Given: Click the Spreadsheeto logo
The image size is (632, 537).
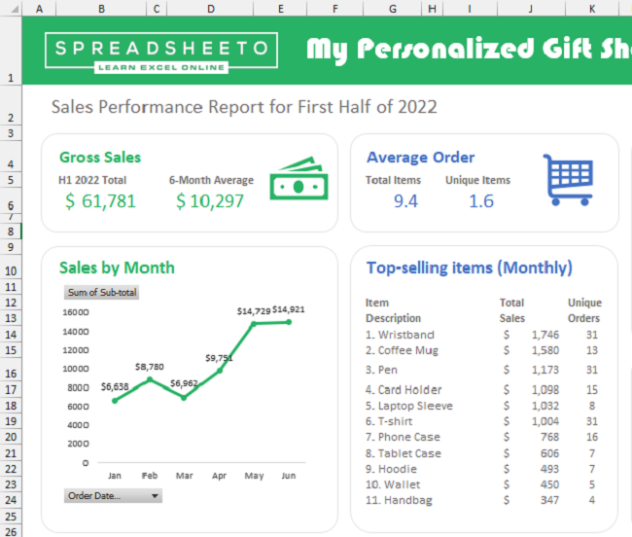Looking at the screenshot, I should (161, 53).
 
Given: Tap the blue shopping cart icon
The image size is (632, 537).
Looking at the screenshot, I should (569, 180).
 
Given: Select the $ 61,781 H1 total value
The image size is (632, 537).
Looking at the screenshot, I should (100, 201).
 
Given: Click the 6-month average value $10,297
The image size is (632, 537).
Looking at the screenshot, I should (208, 201).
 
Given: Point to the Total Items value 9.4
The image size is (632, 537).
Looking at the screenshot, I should (405, 201).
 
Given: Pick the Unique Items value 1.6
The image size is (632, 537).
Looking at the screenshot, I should (480, 201).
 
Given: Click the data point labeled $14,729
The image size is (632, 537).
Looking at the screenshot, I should (254, 324).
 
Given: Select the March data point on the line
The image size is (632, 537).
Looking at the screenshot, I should (184, 397).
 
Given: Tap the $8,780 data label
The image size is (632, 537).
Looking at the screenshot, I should (149, 367).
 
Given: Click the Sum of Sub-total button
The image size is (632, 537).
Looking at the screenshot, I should (101, 293).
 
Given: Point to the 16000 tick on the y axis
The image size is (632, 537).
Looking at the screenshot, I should (76, 312).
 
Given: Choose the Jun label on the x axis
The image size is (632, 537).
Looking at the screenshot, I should (288, 476).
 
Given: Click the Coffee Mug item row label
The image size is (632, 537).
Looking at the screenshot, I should (402, 350).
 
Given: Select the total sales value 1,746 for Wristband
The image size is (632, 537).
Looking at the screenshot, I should (544, 335).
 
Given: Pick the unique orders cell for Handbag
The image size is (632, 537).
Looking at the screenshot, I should (591, 500).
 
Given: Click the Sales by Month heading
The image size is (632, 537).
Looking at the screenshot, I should (117, 268).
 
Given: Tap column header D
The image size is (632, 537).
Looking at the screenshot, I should (211, 8).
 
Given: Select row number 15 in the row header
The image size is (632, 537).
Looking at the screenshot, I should (11, 351).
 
